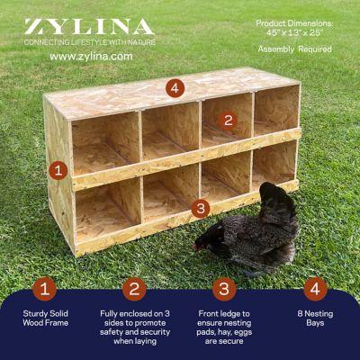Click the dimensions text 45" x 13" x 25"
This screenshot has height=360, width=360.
pos(294,33)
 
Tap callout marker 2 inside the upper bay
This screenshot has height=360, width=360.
pos(228,120)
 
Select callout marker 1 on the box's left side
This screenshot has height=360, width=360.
pos(58,168)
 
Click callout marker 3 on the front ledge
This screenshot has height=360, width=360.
pos(201,207)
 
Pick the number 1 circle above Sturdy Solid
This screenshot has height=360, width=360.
pos(45,289)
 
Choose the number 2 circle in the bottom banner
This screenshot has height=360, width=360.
pos(135,289)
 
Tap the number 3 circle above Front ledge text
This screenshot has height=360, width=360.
pos(224,289)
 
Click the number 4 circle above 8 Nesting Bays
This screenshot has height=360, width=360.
pos(314,289)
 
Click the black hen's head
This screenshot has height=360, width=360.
pos(205,242)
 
